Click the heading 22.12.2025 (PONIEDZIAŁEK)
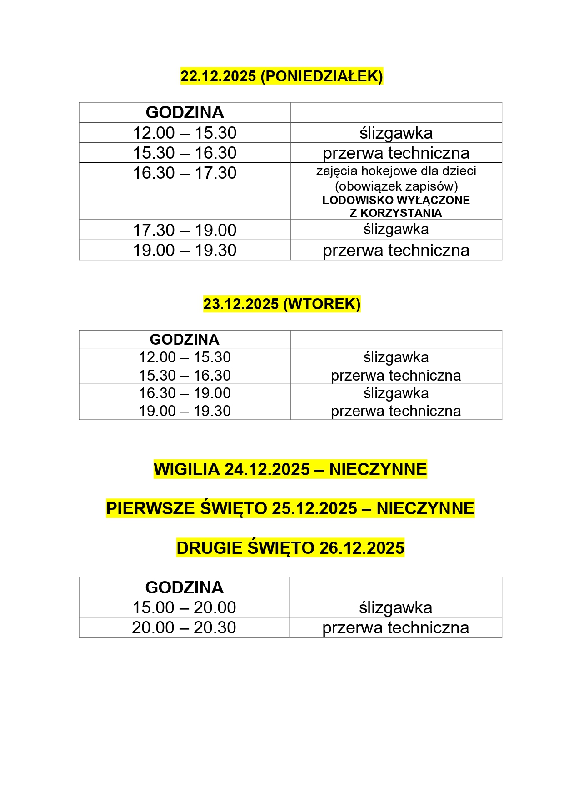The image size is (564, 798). (282, 76)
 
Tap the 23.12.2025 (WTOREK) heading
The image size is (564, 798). (282, 304)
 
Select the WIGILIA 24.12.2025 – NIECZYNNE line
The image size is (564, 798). (290, 469)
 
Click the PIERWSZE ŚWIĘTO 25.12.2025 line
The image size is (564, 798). (290, 508)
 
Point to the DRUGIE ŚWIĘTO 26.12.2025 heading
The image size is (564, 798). (290, 548)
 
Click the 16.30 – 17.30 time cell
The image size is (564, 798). (185, 173)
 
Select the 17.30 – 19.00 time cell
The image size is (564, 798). (185, 230)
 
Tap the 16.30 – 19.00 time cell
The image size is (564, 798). (185, 393)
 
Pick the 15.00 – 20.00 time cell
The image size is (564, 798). (184, 607)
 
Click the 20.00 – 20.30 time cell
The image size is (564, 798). (184, 627)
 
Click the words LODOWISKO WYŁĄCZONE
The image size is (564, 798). (396, 201)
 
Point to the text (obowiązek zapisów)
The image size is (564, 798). (396, 186)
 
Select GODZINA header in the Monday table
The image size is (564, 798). (185, 112)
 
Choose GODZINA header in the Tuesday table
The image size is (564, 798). (185, 339)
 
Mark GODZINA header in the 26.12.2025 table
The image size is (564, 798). (184, 587)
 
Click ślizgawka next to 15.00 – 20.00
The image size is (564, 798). (395, 607)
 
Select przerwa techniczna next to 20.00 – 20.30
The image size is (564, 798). (395, 627)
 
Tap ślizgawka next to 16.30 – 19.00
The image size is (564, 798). (396, 393)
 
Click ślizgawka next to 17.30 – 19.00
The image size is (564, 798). (396, 229)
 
